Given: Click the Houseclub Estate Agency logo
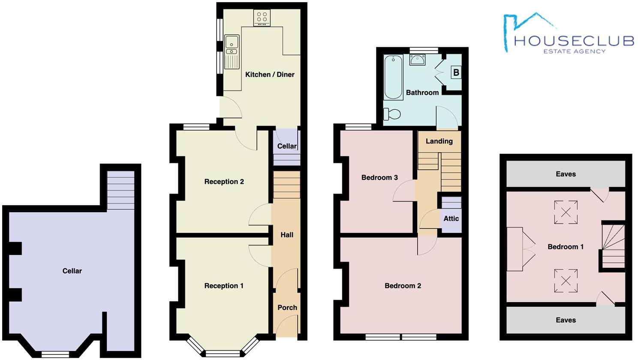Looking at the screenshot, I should point(569,34).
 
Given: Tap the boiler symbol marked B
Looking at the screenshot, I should point(456,72).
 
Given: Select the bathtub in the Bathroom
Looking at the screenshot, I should point(393,77).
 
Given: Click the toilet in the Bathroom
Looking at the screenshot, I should point(392,114).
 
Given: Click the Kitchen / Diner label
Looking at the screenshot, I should point(270,75).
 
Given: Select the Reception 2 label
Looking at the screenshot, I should point(224,182).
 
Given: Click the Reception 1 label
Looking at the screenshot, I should point(224,286).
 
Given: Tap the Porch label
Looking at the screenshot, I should point(287,307).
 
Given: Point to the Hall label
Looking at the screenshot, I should point(287,235).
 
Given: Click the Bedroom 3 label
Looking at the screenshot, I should point(379,177).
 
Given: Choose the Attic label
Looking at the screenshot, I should point(451,219).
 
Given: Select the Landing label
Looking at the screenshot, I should point(439,141).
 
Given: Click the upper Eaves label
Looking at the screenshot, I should point(566,174).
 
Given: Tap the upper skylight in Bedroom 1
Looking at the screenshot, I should point(566,212).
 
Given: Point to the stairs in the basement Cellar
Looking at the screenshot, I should point(120,190).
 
